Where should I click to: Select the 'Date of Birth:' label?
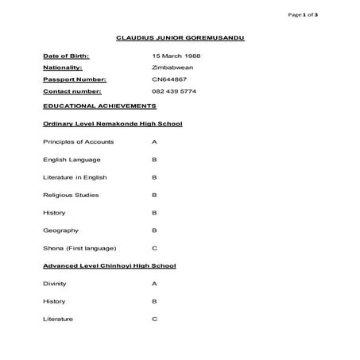[66, 56]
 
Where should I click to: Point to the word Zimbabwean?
[172, 68]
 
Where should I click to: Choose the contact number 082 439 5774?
[173, 91]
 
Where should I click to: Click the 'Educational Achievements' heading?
[99, 106]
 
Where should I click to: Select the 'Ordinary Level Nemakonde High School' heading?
[112, 124]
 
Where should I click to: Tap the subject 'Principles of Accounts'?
[78, 141]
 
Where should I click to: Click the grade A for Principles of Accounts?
[154, 141]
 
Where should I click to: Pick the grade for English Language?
[154, 159]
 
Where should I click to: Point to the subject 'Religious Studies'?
[72, 195]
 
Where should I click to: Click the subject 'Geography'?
[61, 230]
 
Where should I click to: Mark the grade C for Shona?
[154, 248]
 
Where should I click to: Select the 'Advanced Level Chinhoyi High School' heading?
[109, 265]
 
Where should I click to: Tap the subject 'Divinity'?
[55, 284]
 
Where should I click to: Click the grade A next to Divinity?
[154, 284]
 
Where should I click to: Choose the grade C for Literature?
[154, 319]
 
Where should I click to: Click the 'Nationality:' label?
[63, 68]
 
